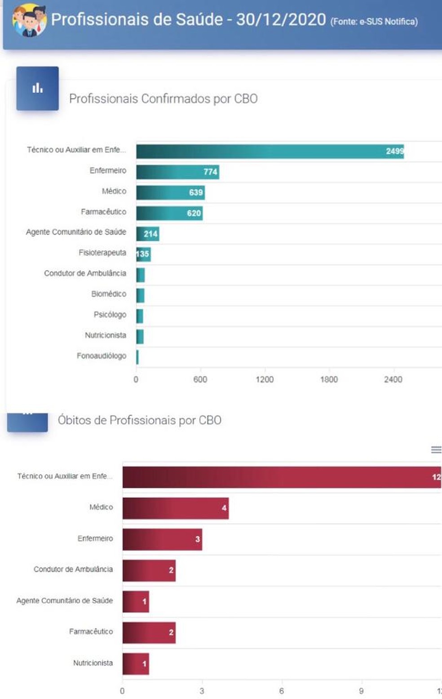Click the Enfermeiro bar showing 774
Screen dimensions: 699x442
pyautogui.click(x=177, y=172)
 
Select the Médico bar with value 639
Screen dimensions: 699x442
pyautogui.click(x=170, y=192)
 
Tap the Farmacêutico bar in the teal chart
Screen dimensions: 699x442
pyautogui.click(x=169, y=213)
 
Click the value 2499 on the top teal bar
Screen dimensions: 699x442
pyautogui.click(x=394, y=151)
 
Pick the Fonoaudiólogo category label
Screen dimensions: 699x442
pyautogui.click(x=101, y=356)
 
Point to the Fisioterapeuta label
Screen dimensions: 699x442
pyautogui.click(x=102, y=253)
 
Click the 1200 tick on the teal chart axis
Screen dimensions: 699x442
pyautogui.click(x=265, y=379)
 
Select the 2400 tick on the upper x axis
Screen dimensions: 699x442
pyautogui.click(x=393, y=379)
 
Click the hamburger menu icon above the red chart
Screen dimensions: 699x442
pyautogui.click(x=436, y=450)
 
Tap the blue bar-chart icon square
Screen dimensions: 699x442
pyautogui.click(x=38, y=89)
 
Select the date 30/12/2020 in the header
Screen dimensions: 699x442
pyautogui.click(x=281, y=20)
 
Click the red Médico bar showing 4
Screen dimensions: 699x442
pyautogui.click(x=175, y=508)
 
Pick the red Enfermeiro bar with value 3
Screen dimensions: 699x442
pyautogui.click(x=162, y=539)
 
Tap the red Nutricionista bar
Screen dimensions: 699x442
pyautogui.click(x=135, y=664)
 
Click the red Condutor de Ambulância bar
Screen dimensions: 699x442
pyautogui.click(x=149, y=570)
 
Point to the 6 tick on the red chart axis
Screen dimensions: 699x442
pyautogui.click(x=281, y=691)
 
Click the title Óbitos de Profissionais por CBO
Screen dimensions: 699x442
pyautogui.click(x=139, y=420)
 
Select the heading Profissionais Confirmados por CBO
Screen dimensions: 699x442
pyautogui.click(x=163, y=99)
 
